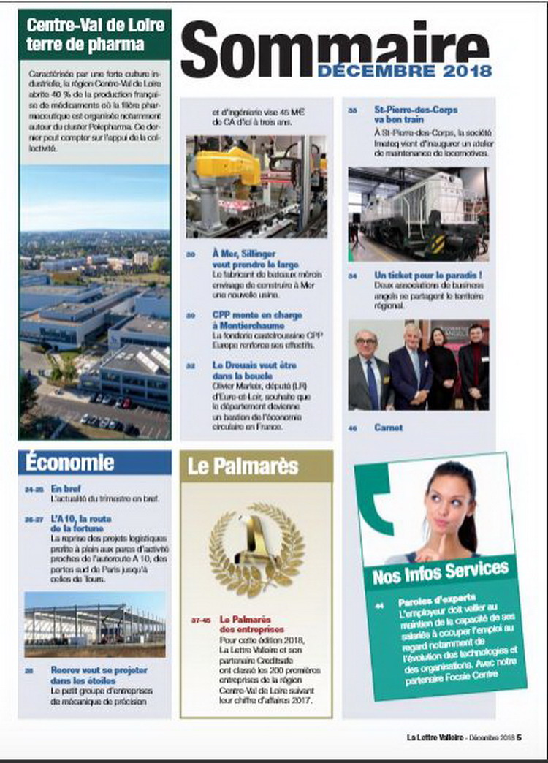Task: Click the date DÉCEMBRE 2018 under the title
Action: click(404, 71)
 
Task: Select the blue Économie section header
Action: click(70, 462)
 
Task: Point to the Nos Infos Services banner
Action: click(440, 571)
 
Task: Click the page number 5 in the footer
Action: click(519, 737)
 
